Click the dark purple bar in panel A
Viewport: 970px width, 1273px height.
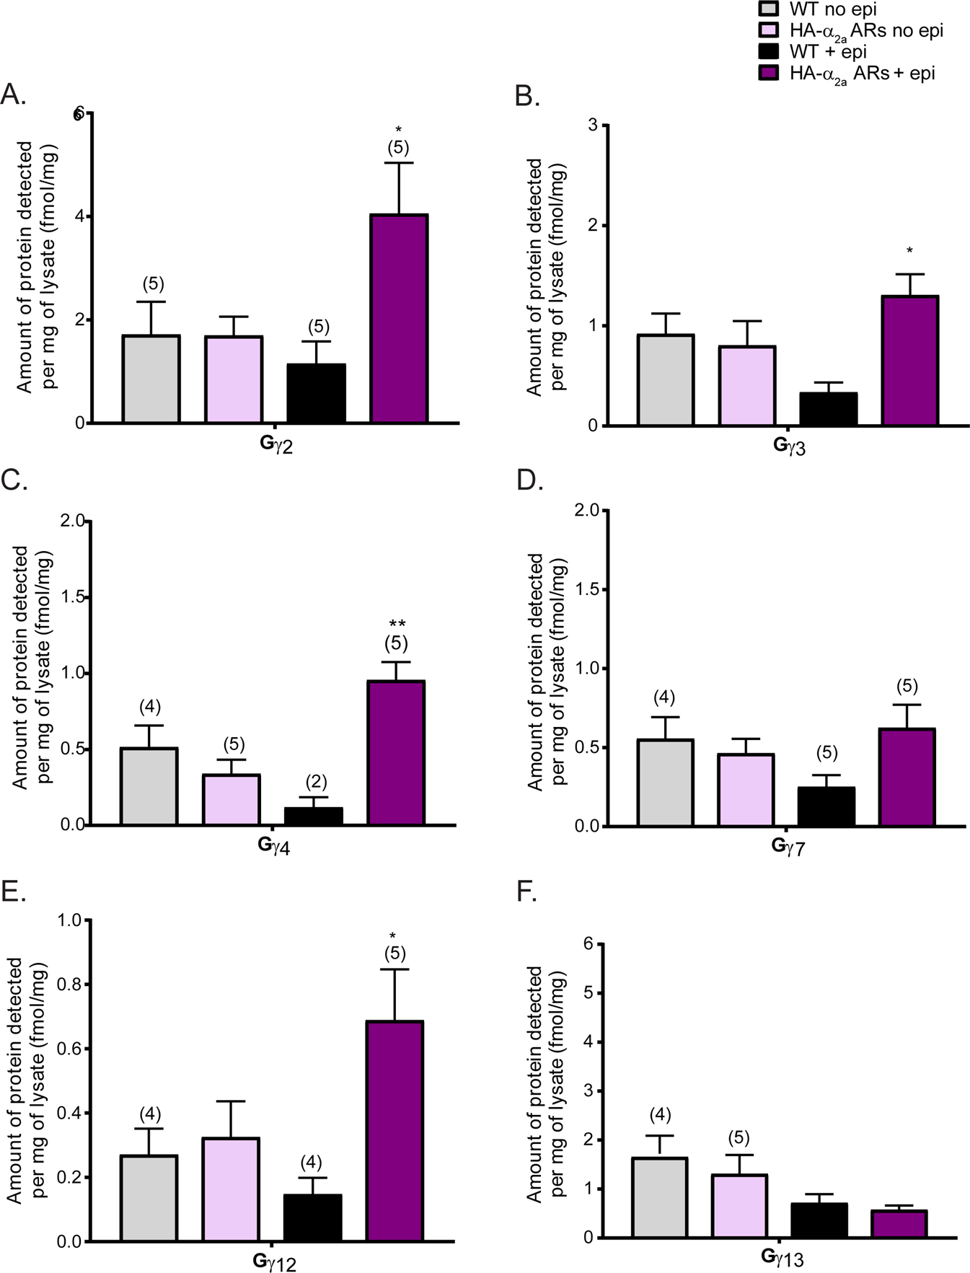tap(399, 318)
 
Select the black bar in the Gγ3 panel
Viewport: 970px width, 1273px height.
tap(828, 409)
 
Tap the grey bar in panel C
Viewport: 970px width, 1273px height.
tap(149, 786)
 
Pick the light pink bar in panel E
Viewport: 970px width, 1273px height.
tap(231, 1189)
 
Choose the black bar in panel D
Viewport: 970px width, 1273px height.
tap(826, 806)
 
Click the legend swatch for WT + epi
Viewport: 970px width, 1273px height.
tap(770, 51)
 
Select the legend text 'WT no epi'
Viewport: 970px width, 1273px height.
tap(833, 9)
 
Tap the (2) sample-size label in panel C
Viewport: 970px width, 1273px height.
tap(316, 782)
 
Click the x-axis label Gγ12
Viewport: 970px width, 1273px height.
tap(274, 1262)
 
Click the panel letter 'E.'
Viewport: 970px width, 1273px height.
tap(14, 892)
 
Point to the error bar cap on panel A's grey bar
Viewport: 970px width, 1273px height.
tap(151, 302)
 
